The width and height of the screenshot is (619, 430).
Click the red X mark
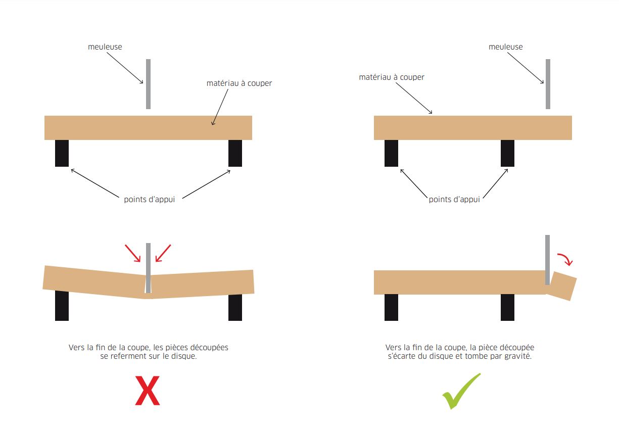pos(147,391)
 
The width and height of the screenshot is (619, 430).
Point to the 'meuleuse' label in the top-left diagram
pos(105,47)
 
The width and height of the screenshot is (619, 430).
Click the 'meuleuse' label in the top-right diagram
pos(505,47)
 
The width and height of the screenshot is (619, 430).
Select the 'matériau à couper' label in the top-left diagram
pos(239,83)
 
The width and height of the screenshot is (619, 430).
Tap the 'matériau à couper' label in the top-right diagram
pos(391,77)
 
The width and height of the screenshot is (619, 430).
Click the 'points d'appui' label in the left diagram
pos(149,200)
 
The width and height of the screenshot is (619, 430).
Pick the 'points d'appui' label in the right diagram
pos(454,200)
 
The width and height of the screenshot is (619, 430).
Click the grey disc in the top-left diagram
pos(149,84)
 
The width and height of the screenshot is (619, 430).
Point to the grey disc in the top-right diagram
pos(548,84)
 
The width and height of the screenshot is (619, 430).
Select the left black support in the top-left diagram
pos(62,154)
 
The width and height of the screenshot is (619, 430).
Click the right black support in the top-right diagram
pos(508,154)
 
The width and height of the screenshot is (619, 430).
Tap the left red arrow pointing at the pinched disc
pos(132,253)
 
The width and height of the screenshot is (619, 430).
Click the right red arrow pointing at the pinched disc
pos(163,253)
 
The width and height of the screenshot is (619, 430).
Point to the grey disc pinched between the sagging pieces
pos(149,268)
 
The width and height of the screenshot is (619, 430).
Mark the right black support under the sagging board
pos(235,307)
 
